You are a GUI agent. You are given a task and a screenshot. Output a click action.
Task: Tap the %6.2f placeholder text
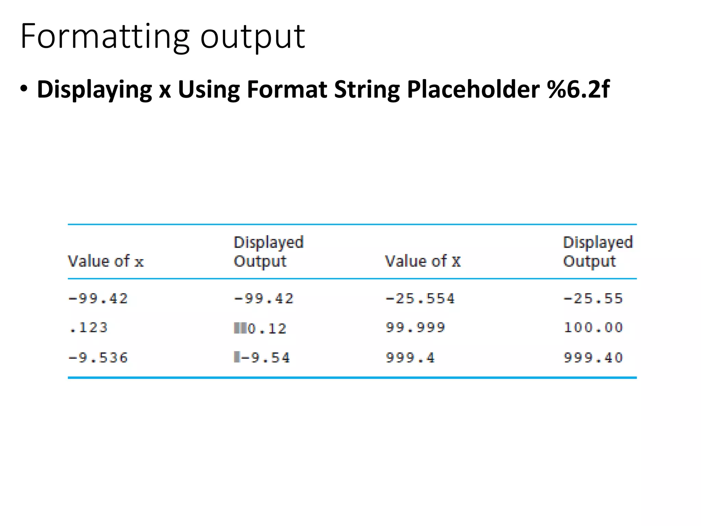(578, 89)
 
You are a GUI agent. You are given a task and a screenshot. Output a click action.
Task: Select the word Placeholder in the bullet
(473, 89)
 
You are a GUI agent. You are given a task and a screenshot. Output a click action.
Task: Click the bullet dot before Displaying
(24, 89)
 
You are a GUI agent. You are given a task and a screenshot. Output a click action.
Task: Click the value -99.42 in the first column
(98, 299)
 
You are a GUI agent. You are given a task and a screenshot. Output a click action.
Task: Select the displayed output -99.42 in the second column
(264, 299)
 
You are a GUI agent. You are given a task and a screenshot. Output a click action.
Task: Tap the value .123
(88, 328)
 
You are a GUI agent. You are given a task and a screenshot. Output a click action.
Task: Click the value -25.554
(420, 299)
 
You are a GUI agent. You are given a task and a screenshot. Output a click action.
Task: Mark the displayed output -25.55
(593, 299)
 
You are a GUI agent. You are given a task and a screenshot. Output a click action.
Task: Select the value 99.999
(415, 328)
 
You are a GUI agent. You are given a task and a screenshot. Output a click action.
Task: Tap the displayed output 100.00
(593, 328)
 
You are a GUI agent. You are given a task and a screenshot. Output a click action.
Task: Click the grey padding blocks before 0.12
(240, 328)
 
